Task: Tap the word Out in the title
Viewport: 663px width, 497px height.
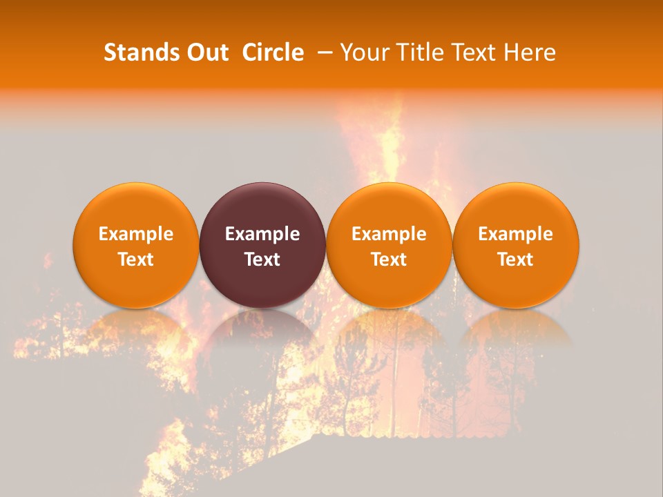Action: [206, 52]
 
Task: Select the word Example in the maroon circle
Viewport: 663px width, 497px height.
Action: [262, 234]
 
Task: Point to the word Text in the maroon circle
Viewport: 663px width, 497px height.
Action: [262, 260]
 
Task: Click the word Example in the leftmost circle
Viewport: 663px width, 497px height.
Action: [135, 234]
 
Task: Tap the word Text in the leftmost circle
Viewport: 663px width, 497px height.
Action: [135, 260]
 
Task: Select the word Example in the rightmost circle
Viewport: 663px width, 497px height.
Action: [516, 234]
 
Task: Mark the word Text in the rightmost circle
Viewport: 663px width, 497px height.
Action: [516, 260]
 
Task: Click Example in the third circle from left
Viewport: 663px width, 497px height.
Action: [389, 234]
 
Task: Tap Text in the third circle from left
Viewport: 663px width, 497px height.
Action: [389, 260]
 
